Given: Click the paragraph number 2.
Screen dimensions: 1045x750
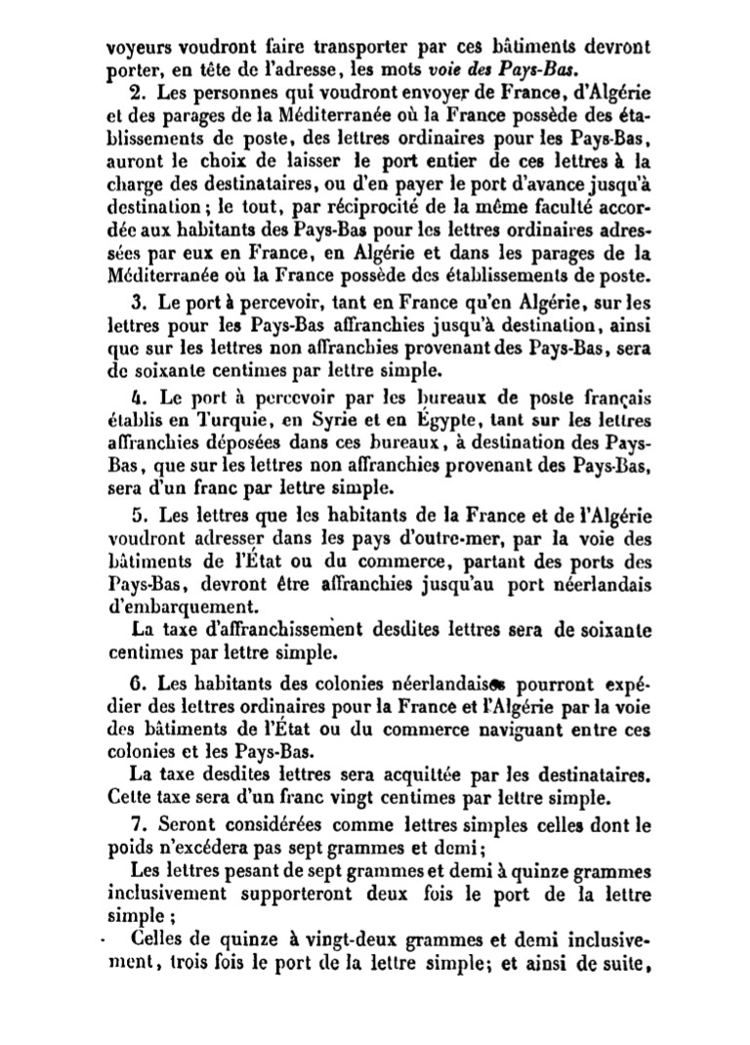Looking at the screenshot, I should point(135,94).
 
